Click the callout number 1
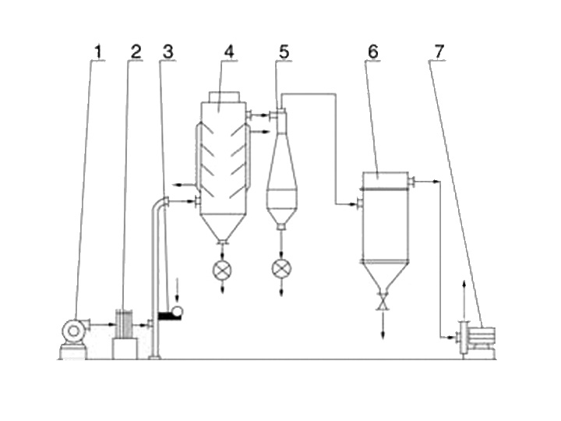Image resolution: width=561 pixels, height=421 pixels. pyautogui.click(x=97, y=51)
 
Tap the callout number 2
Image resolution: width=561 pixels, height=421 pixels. pyautogui.click(x=136, y=51)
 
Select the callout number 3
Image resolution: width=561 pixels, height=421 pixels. pyautogui.click(x=168, y=51)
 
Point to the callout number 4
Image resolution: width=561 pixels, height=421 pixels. pyautogui.click(x=228, y=51)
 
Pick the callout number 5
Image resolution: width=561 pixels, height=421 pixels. pyautogui.click(x=284, y=51)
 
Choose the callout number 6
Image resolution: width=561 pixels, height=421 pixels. pyautogui.click(x=373, y=51)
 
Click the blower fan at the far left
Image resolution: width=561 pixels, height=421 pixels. pyautogui.click(x=73, y=331)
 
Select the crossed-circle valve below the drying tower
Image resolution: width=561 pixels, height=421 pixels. pyautogui.click(x=223, y=270)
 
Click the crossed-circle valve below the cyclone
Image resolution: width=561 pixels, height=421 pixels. pyautogui.click(x=281, y=270)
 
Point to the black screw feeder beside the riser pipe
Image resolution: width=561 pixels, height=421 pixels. pyautogui.click(x=168, y=315)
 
